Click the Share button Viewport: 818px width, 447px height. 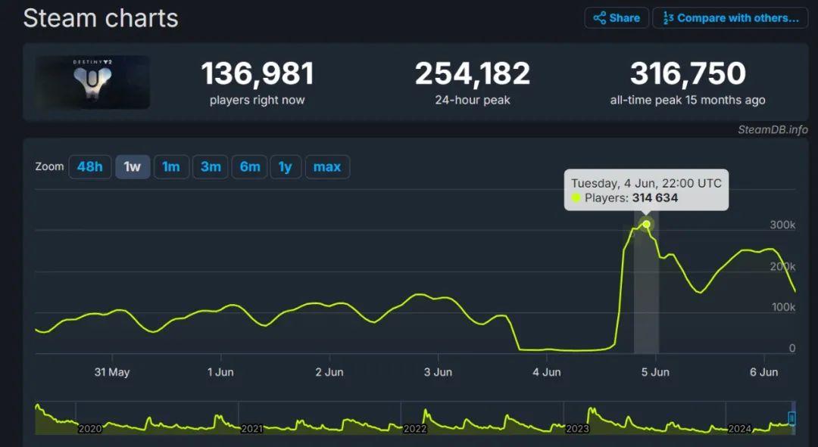617,18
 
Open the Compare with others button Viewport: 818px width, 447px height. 731,18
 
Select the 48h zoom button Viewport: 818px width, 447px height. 89,167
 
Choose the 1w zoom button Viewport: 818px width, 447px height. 133,167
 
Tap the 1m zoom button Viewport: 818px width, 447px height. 171,167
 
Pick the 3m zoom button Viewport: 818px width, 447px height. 211,167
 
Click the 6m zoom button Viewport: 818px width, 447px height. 250,167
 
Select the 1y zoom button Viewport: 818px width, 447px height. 285,167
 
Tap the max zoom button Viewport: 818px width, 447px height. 327,167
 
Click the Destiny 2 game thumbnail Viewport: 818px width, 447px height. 92,82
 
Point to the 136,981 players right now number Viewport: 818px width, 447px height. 257,74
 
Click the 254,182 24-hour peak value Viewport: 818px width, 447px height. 473,74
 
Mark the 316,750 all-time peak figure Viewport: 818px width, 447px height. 688,74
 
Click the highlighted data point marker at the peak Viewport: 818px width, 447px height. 646,225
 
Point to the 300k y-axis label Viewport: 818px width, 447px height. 782,225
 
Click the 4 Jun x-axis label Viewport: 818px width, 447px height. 546,372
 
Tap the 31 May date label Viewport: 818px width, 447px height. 112,372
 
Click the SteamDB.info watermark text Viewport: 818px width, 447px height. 773,129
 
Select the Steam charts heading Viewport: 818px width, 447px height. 101,18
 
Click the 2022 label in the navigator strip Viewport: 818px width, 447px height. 415,429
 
